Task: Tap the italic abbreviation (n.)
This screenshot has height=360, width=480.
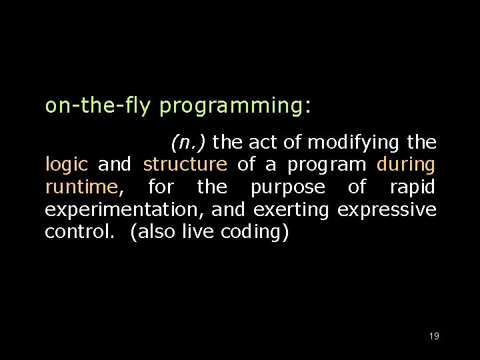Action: pos(189,142)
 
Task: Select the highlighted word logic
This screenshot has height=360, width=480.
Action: pos(66,165)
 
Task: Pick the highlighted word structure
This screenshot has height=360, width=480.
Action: pos(185,164)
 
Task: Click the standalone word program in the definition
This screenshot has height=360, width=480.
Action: pos(327,165)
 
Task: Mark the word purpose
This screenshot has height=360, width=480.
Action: pos(287,187)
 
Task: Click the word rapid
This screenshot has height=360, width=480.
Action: pos(412,187)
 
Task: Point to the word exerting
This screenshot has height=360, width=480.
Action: pos(291,210)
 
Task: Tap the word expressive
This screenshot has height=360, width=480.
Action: pos(387,210)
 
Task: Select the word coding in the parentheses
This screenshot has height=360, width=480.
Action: pos(252,233)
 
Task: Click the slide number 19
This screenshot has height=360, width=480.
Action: pos(434,337)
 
